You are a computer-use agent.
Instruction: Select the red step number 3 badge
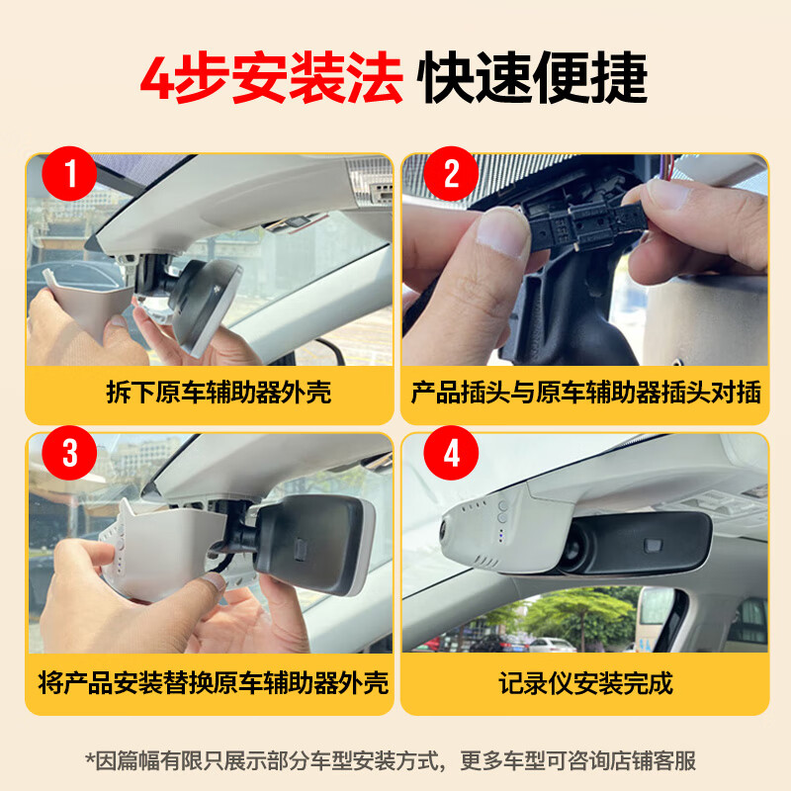pos(69,454)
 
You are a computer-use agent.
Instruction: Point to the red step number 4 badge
pos(452,455)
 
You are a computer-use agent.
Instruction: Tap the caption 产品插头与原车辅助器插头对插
pos(585,393)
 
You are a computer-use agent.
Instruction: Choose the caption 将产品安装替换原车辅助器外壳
pos(213,681)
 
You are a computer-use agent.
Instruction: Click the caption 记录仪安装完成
pos(585,681)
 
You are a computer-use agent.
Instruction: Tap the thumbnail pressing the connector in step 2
pos(504,237)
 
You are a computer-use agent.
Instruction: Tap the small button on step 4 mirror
pos(654,545)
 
